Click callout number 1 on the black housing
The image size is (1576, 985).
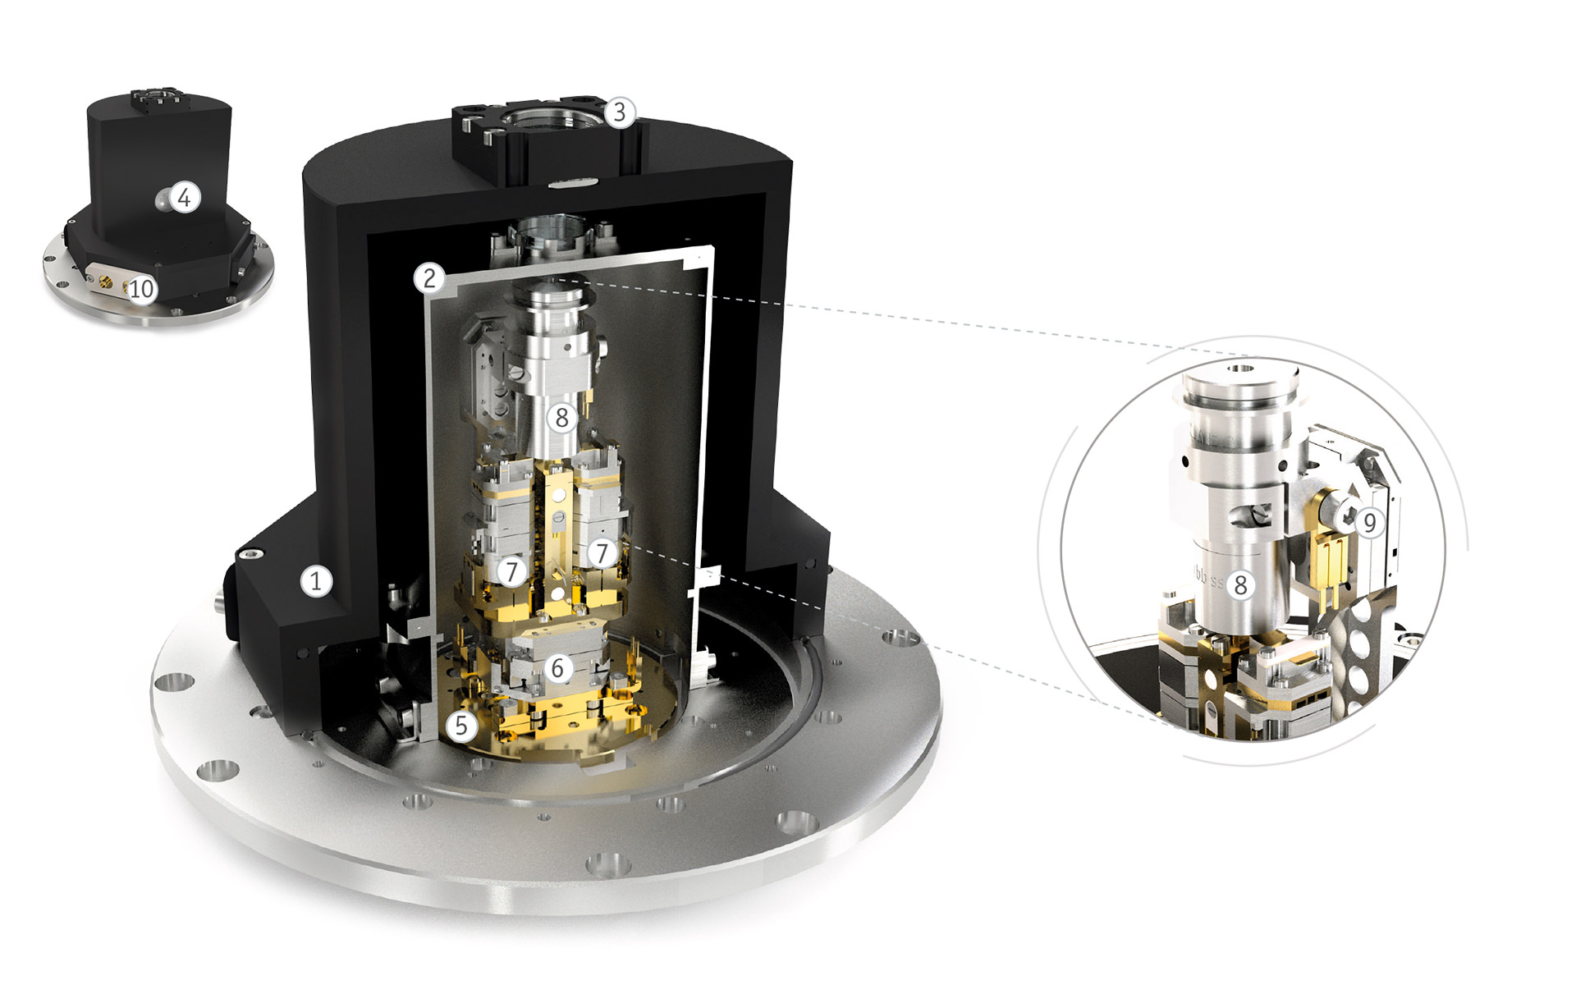(x=315, y=581)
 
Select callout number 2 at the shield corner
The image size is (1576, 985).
(x=429, y=278)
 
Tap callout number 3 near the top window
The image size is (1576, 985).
(x=620, y=112)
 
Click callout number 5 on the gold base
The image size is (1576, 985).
(x=461, y=726)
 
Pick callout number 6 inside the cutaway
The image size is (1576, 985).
(x=557, y=668)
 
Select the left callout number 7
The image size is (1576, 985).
(x=512, y=571)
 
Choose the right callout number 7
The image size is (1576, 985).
(x=602, y=553)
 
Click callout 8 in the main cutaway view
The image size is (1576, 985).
(x=561, y=418)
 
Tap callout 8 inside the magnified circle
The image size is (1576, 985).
(x=1240, y=584)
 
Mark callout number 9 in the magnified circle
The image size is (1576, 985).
(x=1368, y=522)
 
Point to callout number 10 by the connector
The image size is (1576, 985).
(x=141, y=288)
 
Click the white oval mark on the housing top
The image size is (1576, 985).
(x=566, y=184)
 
